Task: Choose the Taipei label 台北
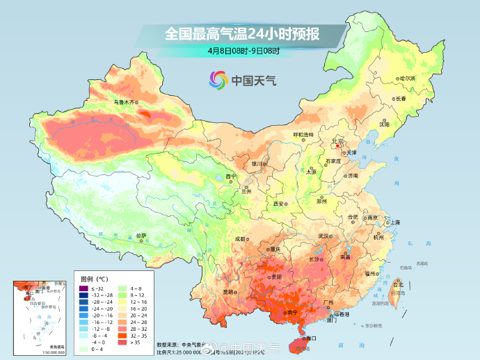click(x=398, y=285)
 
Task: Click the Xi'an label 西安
click(x=279, y=204)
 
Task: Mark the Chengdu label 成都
click(x=241, y=239)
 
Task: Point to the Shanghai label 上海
click(x=394, y=222)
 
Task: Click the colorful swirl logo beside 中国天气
click(x=218, y=80)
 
